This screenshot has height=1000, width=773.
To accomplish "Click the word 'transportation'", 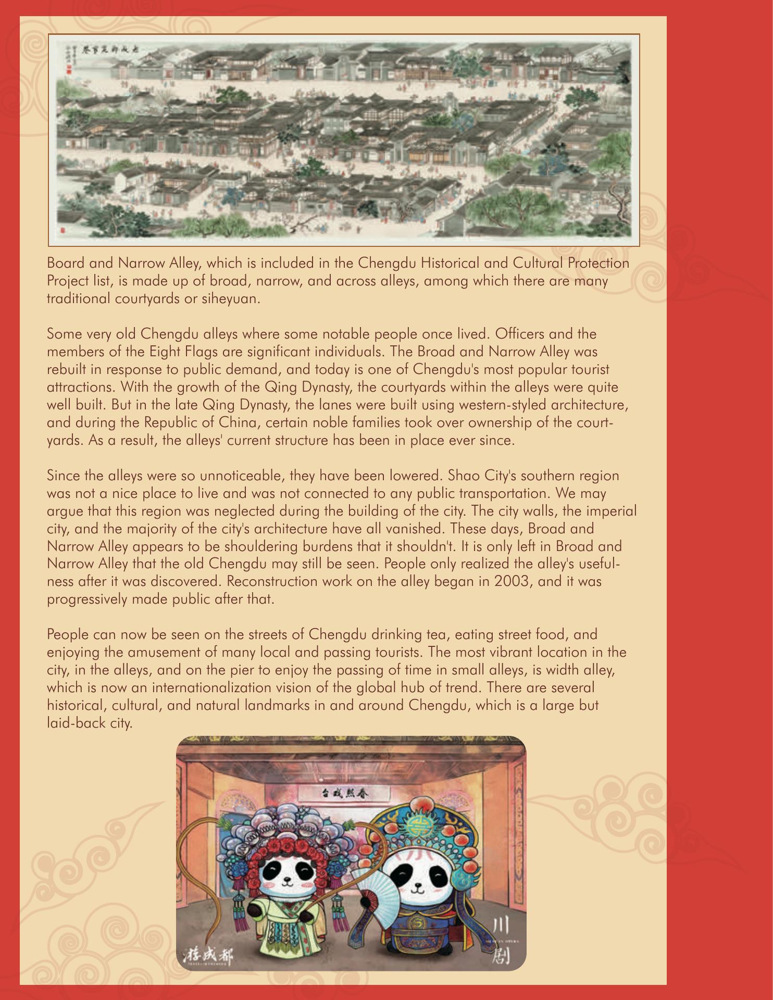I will pyautogui.click(x=519, y=493).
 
